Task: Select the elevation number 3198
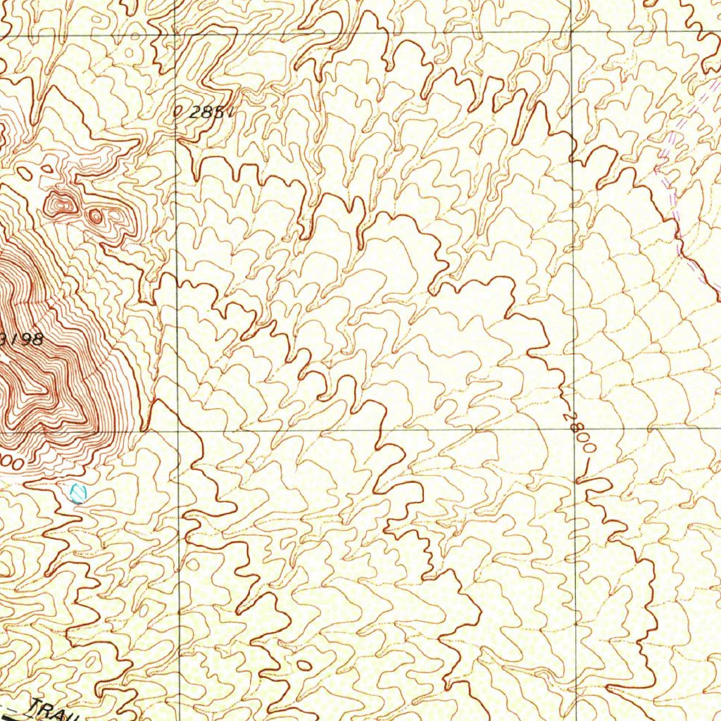24,339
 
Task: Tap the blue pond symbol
78,492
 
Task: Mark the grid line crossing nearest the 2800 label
574,430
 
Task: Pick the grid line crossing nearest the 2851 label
175,34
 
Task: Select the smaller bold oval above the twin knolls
47,168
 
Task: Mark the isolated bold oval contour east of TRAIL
304,665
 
